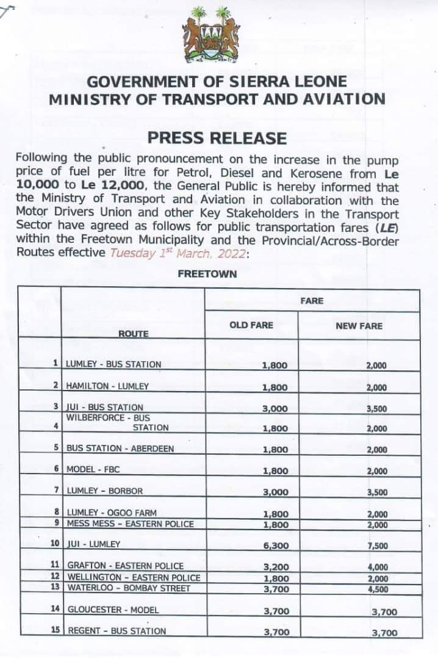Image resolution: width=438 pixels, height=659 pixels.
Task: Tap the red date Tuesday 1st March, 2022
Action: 178,253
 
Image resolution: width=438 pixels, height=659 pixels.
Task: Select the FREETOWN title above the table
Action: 207,274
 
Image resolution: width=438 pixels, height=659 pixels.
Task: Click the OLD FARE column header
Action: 251,325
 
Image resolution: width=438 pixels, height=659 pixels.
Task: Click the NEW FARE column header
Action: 359,326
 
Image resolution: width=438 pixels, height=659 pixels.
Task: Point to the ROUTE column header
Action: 133,334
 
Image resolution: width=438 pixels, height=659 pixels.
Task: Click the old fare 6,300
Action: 275,545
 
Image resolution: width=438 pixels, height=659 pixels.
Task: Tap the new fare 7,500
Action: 377,546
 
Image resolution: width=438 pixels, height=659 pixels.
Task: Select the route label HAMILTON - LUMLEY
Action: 107,386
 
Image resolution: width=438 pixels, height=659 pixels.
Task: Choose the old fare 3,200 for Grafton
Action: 275,567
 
